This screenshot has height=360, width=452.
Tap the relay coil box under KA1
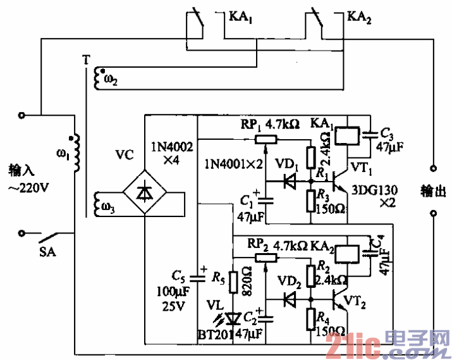[x=347, y=135]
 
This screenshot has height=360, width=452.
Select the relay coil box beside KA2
[x=347, y=253]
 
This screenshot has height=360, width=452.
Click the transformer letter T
[x=85, y=61]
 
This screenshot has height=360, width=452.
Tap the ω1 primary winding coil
[x=75, y=152]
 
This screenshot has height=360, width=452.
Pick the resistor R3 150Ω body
[x=311, y=201]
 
